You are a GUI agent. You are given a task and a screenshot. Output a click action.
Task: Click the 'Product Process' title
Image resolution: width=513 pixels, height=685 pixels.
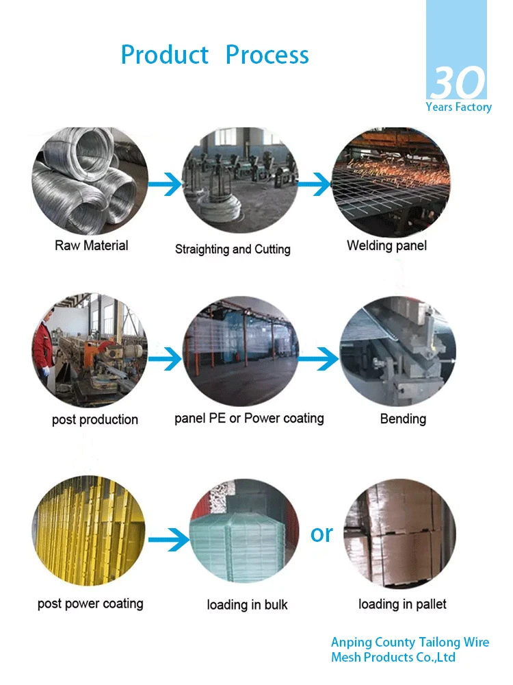(214, 55)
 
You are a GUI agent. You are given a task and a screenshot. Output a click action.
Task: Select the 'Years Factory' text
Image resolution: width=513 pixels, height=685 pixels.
(458, 107)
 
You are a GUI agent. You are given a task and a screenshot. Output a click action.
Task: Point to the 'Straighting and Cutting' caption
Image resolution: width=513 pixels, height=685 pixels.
(233, 249)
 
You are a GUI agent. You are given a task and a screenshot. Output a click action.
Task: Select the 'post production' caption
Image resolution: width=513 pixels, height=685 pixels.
(95, 419)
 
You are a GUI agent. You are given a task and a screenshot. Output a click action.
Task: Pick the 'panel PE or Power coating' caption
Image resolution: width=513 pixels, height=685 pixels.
(249, 418)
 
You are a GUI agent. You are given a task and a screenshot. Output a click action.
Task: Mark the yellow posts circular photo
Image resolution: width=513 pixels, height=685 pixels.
(89, 531)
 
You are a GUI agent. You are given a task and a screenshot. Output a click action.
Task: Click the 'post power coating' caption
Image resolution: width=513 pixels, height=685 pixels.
(90, 603)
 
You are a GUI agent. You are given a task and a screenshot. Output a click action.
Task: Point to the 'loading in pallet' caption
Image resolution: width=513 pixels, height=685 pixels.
(402, 604)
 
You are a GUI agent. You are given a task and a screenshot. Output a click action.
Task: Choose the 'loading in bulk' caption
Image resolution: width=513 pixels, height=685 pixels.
(247, 605)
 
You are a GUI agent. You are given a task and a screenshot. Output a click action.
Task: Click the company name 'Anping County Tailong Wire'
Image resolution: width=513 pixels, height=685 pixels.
(410, 643)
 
